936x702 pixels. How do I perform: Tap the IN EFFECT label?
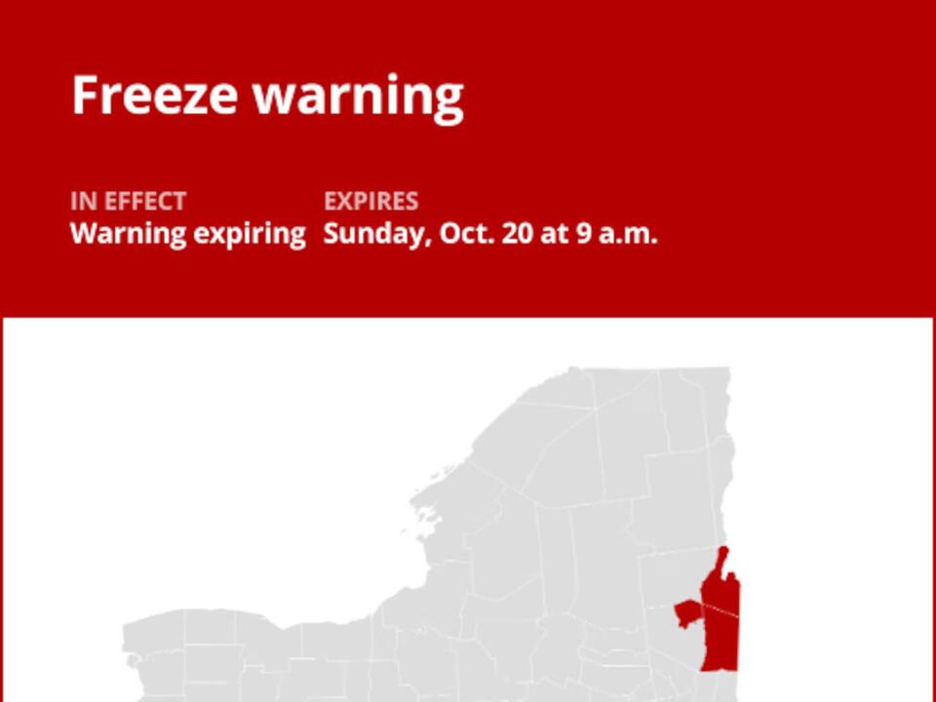(x=128, y=202)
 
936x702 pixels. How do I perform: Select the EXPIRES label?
(x=370, y=202)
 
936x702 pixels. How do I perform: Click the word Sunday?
(x=375, y=235)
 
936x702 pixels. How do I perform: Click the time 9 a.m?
(x=613, y=234)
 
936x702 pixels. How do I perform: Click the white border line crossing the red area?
(x=721, y=608)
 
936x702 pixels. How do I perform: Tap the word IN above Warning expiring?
(x=80, y=202)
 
